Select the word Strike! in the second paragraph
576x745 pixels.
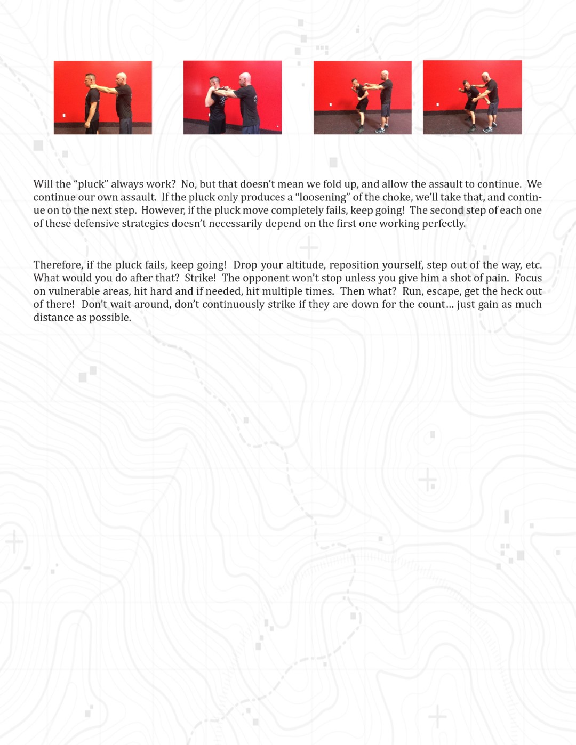tap(200, 278)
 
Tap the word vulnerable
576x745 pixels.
tap(74, 291)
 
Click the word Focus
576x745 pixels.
tap(528, 278)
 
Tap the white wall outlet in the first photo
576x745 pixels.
tap(64, 115)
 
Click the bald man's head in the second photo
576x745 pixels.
tap(245, 78)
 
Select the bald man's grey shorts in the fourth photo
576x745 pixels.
tap(492, 109)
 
